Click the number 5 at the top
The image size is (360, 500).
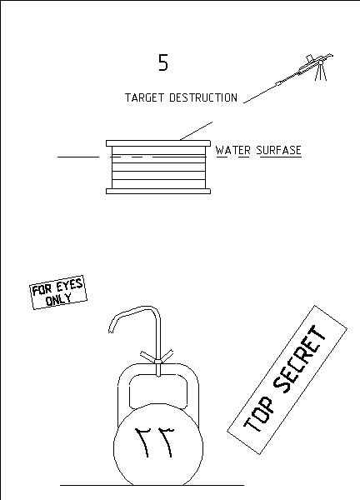click(163, 62)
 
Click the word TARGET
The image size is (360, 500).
click(144, 97)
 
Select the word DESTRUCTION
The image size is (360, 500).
click(203, 97)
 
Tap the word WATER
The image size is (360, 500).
click(233, 150)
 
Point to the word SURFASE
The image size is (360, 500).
click(278, 150)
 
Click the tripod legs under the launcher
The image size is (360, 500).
click(321, 72)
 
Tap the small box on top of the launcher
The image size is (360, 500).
click(310, 58)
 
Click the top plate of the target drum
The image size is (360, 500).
click(158, 143)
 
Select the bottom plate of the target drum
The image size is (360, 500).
click(158, 192)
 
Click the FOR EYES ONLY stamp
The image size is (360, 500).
click(58, 292)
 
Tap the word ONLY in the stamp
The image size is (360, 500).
click(58, 299)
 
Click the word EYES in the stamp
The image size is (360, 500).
click(70, 285)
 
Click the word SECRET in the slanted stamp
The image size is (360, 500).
click(300, 358)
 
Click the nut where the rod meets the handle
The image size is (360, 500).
click(157, 362)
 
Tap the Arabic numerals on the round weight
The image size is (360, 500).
click(155, 442)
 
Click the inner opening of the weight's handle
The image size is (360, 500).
click(158, 390)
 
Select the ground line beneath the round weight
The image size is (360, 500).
click(152, 485)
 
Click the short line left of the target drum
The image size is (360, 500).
click(78, 157)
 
